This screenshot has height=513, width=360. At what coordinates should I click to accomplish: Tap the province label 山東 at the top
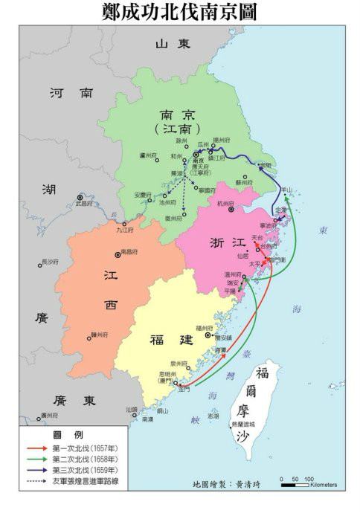(x=173, y=44)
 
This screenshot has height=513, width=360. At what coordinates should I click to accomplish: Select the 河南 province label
(x=71, y=94)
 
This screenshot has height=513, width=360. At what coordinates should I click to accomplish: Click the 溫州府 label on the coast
(x=234, y=274)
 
